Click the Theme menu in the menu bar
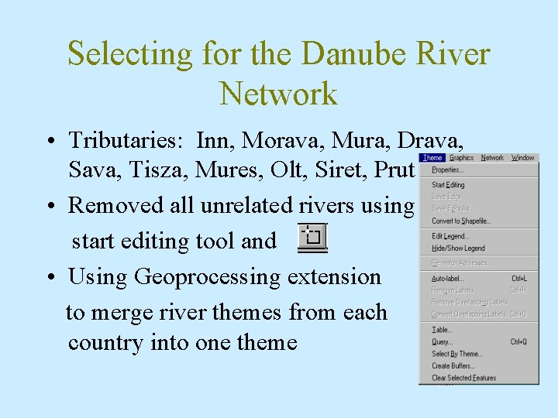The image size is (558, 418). point(432,158)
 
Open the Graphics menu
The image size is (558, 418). point(462,158)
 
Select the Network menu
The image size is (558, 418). point(492,158)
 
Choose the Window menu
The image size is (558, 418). point(523,158)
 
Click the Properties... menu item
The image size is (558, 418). point(447,170)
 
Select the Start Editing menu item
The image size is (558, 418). point(448,185)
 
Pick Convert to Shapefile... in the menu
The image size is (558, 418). point(462,221)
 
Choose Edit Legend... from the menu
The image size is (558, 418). point(450,236)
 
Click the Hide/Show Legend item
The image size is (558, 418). point(458,248)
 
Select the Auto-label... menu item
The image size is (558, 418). point(448,278)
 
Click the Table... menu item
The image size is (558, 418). point(442,330)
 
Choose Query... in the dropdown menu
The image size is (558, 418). point(442,341)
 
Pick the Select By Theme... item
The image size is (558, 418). point(456,354)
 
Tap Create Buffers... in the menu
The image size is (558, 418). point(453,365)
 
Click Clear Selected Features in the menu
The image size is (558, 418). point(463,378)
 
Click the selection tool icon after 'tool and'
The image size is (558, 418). point(313,238)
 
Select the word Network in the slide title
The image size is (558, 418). point(279,94)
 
